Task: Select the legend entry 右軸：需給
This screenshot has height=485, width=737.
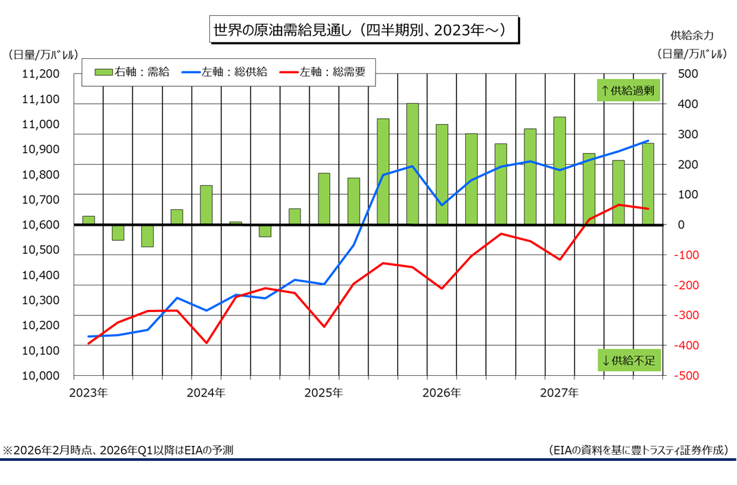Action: (x=130, y=71)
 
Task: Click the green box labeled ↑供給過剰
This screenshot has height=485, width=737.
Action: (x=628, y=91)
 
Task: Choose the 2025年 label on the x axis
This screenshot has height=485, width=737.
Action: (x=323, y=392)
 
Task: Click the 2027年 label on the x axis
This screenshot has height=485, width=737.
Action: (x=559, y=392)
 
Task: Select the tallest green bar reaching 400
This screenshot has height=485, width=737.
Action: (x=412, y=163)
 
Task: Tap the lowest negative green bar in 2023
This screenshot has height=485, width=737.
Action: (x=148, y=235)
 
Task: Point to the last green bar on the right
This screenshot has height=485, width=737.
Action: (x=648, y=183)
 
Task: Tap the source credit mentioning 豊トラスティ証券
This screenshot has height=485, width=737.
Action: (x=638, y=451)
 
